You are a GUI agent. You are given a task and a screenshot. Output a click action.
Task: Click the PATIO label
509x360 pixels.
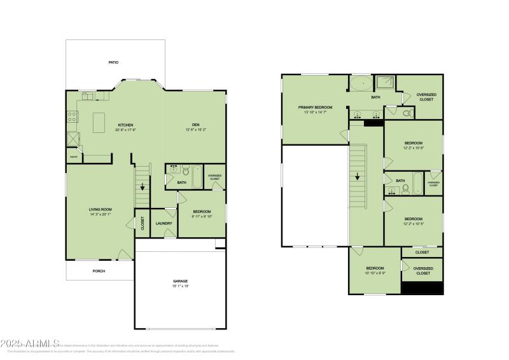[113, 62]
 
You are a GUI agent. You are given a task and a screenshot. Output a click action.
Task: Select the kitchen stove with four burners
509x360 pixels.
[73, 117]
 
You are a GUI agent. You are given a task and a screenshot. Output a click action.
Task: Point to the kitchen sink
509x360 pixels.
[87, 96]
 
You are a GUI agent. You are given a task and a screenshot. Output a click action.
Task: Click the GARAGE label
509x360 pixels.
[181, 280]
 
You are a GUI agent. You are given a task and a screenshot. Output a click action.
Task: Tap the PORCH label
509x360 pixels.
[99, 271]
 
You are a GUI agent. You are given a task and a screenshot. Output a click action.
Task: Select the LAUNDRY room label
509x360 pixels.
[164, 223]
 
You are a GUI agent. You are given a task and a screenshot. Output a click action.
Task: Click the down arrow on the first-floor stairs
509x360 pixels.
[143, 188]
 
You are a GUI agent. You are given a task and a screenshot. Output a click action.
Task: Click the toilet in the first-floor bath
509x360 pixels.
[186, 170]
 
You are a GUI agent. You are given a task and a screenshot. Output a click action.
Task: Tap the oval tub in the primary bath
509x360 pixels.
[361, 84]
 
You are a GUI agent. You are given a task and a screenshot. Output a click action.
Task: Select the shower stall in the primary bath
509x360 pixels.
[385, 82]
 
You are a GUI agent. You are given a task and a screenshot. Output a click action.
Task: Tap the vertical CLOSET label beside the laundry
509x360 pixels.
[143, 223]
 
